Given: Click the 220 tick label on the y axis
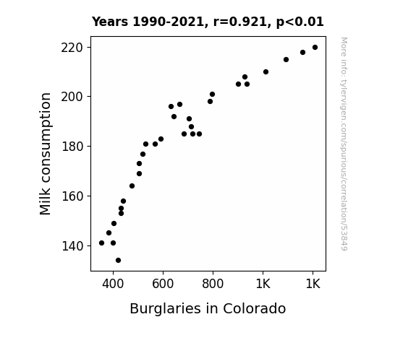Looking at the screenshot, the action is (x=72, y=48).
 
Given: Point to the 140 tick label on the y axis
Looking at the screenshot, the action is (x=72, y=246).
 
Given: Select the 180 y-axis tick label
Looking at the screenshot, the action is (x=72, y=147).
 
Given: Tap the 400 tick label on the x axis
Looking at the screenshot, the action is (x=113, y=284).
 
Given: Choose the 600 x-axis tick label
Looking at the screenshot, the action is (x=163, y=284).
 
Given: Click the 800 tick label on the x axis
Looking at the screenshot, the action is (x=213, y=284).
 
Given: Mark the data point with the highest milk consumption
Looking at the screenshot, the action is (x=315, y=48).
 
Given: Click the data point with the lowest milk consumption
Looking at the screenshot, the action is (x=119, y=261).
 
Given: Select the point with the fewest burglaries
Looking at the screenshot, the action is (x=101, y=243).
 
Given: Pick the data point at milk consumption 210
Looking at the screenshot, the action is (x=266, y=71).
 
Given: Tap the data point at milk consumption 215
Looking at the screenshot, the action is (x=286, y=60).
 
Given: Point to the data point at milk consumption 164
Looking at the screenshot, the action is (x=132, y=186).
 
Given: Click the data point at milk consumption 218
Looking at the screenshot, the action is (x=302, y=53).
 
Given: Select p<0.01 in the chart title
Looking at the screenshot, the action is (x=300, y=22).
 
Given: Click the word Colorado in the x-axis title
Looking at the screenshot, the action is (x=255, y=308).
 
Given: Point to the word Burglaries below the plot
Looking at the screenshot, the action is (x=165, y=309).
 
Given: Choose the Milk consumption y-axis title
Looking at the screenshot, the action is (x=45, y=154).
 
